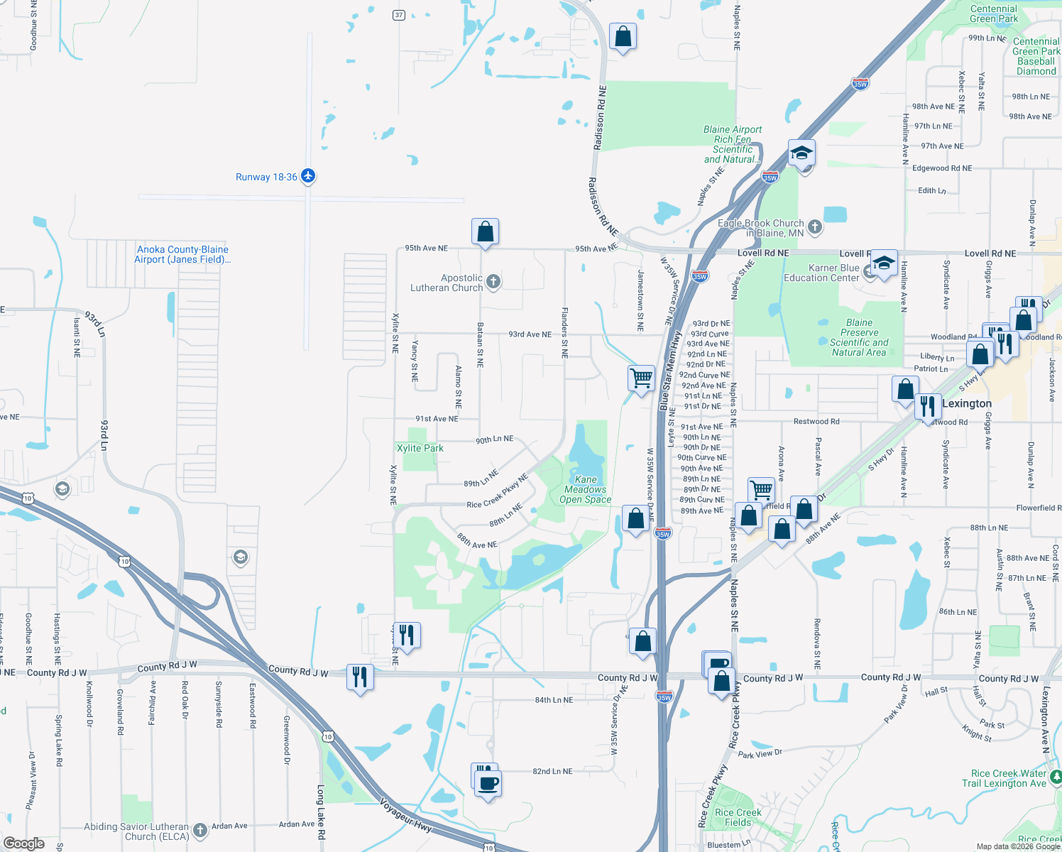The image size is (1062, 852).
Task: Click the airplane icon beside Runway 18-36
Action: tap(308, 176)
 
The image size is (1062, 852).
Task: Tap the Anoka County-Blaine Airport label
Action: tap(182, 254)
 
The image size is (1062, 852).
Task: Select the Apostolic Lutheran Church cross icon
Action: tap(493, 282)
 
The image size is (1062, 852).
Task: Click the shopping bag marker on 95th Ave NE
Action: tap(485, 232)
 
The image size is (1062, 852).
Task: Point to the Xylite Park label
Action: tap(420, 448)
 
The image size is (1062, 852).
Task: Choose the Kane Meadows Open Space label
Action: tap(586, 490)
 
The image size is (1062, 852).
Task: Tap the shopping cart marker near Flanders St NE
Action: tap(641, 378)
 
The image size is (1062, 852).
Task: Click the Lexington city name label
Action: tap(967, 403)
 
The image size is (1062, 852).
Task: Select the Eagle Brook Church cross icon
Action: tap(815, 227)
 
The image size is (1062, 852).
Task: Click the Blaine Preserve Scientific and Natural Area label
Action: tap(859, 337)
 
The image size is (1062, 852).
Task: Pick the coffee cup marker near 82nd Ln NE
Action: tap(488, 784)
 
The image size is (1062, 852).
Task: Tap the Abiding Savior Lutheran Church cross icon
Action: tap(200, 830)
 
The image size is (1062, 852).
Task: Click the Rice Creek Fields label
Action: tap(738, 817)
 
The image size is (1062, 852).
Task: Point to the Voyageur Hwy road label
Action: tap(405, 816)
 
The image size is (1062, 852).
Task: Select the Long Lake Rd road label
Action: tap(321, 812)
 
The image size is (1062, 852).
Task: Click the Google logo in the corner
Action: tap(23, 843)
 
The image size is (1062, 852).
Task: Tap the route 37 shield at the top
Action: tap(399, 15)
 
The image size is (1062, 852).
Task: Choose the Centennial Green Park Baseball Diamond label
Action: tap(1036, 56)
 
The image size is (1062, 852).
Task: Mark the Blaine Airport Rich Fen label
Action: tap(733, 144)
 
